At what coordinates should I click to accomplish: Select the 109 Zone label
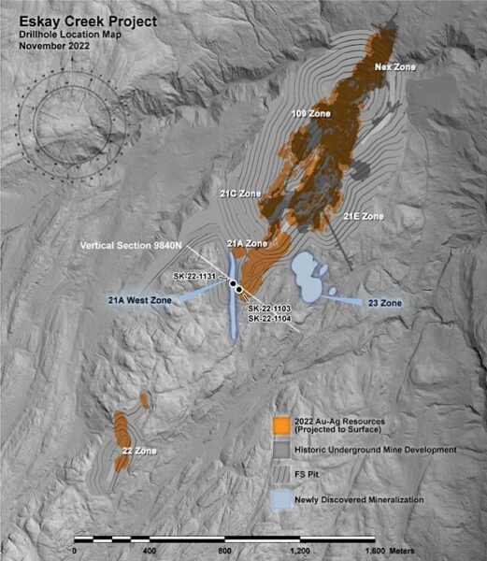pos(311,113)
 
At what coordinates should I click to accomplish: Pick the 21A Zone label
pos(248,243)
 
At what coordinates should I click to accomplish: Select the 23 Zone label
pos(384,303)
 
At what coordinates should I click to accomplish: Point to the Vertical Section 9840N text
pos(128,247)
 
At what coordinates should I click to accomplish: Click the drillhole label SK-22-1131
pos(195,277)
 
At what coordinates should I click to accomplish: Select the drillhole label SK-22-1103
pos(269,309)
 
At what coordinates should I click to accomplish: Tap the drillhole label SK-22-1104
pos(269,319)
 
